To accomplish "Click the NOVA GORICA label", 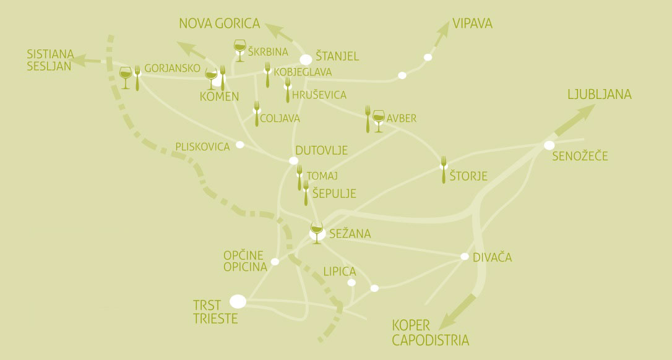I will pyautogui.click(x=219, y=24).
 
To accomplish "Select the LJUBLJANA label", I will pyautogui.click(x=599, y=95).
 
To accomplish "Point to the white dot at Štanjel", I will pyautogui.click(x=306, y=59).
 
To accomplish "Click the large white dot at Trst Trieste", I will pyautogui.click(x=238, y=301).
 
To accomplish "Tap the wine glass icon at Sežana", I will pyautogui.click(x=317, y=232).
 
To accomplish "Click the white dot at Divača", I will pyautogui.click(x=465, y=256).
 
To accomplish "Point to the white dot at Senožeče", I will pyautogui.click(x=549, y=145).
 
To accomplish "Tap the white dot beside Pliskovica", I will pyautogui.click(x=240, y=145).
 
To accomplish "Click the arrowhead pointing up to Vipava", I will pyautogui.click(x=447, y=29).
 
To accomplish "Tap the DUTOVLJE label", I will pyautogui.click(x=321, y=150).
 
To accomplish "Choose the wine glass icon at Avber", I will pyautogui.click(x=379, y=119).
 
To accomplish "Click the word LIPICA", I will pyautogui.click(x=340, y=272).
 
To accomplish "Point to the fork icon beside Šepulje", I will pyautogui.click(x=306, y=192).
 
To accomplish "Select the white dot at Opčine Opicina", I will pyautogui.click(x=275, y=262).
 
